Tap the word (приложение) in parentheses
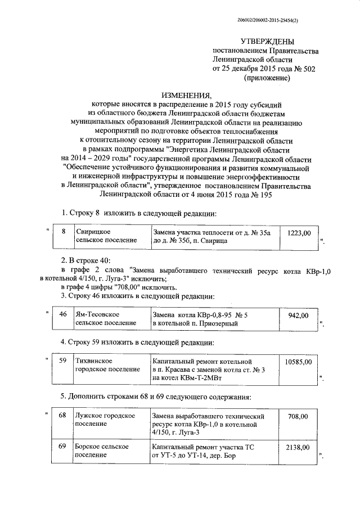coord(267,78)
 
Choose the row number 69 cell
coord(63,447)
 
